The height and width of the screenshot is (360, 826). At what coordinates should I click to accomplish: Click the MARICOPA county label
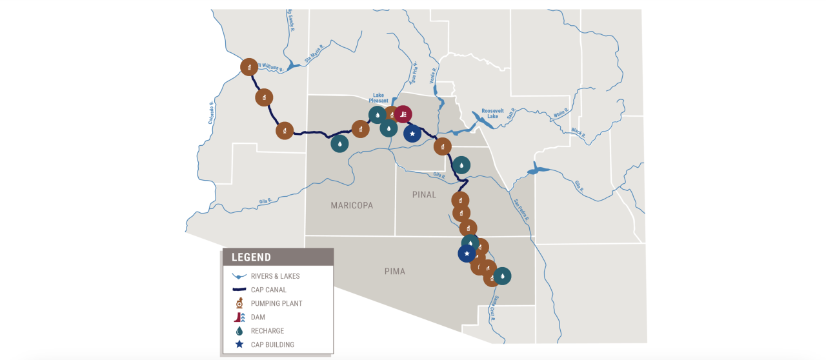352,205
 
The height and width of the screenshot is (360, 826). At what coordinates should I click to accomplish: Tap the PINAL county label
424,194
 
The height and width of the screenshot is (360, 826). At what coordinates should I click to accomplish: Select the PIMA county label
394,271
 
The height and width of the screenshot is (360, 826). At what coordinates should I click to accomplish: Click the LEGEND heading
252,257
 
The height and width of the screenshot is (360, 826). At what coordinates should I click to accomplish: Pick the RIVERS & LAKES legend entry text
276,276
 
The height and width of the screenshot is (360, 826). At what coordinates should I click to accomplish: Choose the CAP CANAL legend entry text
268,290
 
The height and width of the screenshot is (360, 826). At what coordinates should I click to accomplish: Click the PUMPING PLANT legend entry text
277,303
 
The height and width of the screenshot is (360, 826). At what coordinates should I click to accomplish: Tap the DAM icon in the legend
239,317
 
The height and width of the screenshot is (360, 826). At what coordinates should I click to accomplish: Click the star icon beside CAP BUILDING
239,345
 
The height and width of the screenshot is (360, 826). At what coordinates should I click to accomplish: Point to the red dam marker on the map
403,115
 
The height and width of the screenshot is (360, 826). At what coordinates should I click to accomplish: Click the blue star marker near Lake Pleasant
412,134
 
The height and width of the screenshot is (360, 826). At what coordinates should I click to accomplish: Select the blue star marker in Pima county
467,254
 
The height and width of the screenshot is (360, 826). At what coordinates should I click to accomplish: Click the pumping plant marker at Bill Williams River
249,66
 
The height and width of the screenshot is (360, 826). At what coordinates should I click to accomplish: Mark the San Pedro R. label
521,210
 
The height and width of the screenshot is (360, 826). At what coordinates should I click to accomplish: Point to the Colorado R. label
211,113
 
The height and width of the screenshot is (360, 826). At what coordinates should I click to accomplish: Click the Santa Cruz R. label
494,304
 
